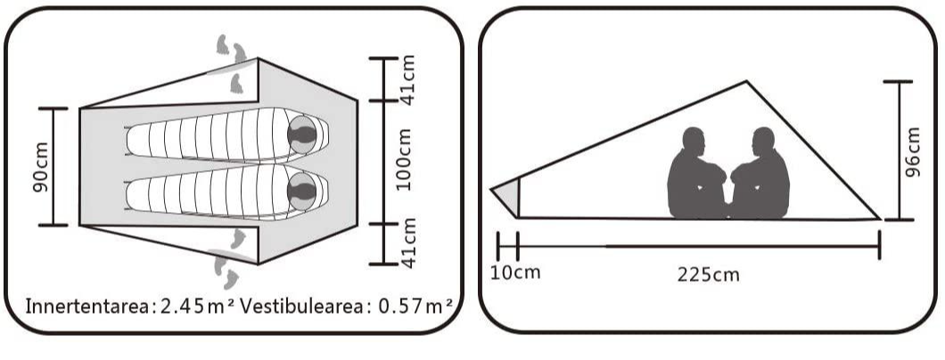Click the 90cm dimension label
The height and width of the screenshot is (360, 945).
click(41, 168)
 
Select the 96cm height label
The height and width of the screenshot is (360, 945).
click(913, 151)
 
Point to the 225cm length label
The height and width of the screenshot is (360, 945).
click(708, 275)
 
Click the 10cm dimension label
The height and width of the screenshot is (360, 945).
click(515, 272)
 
